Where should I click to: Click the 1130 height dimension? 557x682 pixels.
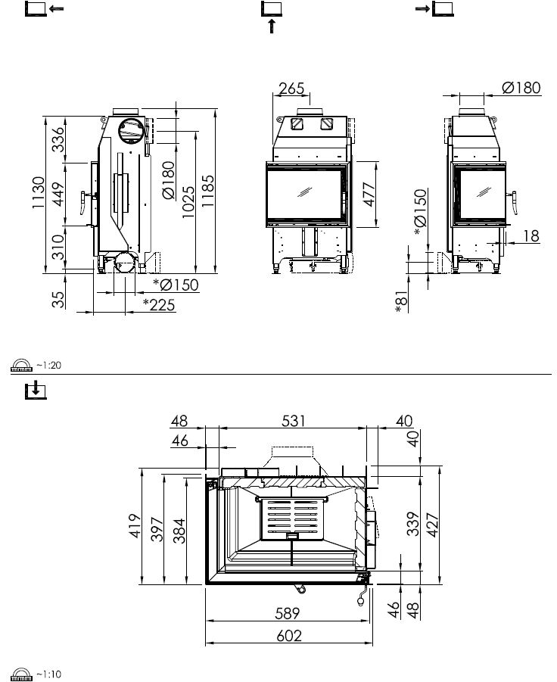[39, 192]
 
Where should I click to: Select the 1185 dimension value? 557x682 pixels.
[207, 191]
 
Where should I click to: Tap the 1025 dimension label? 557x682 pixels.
[188, 202]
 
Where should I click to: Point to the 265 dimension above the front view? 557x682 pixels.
[291, 89]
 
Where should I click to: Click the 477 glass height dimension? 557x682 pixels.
[369, 195]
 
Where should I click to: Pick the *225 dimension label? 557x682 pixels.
[159, 305]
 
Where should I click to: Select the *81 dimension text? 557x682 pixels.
[402, 302]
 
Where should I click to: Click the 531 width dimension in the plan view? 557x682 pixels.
[294, 421]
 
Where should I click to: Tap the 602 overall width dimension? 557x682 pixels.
[289, 636]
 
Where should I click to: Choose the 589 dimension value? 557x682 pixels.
[288, 613]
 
